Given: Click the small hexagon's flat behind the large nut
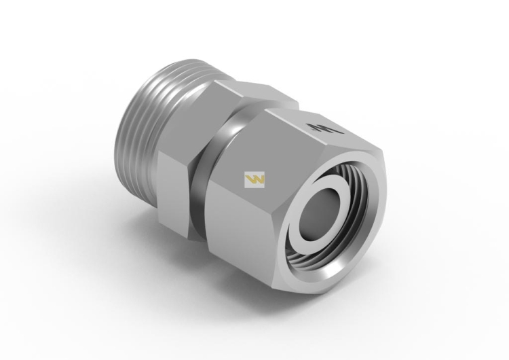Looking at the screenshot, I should point(271,92).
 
